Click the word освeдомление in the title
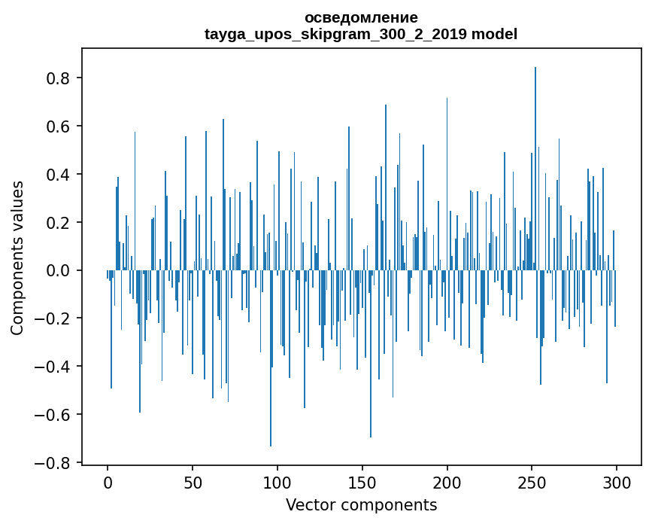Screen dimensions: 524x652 coord(361,17)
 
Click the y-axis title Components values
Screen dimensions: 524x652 coord(17,258)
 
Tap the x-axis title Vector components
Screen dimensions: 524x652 coord(361,505)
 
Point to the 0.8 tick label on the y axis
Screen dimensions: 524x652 coord(58,78)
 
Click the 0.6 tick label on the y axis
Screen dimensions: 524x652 coord(58,126)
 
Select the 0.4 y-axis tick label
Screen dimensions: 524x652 coord(58,175)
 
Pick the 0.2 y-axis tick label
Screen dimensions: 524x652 coord(58,223)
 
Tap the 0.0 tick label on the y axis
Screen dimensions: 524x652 coord(58,271)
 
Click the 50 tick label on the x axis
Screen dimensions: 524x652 coord(193,482)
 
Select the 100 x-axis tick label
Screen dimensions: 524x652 coord(277,482)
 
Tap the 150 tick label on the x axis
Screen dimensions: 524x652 coord(362,482)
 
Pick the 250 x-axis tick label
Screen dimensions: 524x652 coord(532,482)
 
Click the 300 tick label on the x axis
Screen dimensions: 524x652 coord(617,482)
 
